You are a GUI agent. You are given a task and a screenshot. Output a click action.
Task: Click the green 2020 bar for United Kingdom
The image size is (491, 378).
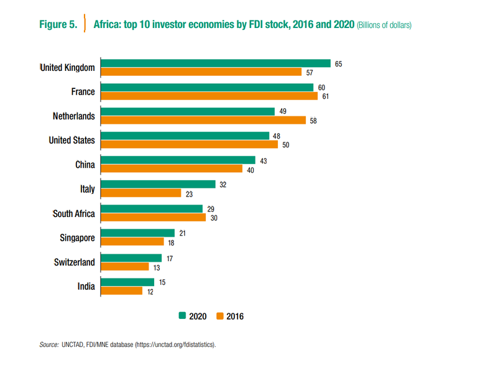(215, 63)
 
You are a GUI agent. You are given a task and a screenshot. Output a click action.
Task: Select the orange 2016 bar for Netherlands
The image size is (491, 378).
(203, 121)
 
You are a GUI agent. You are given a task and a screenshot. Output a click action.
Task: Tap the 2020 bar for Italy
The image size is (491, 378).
(158, 184)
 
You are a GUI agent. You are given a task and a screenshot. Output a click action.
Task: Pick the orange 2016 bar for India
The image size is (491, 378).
(121, 290)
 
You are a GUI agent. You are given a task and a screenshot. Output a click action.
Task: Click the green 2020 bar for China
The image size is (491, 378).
(178, 160)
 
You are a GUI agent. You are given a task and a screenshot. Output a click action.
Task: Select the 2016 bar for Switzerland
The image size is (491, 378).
(125, 266)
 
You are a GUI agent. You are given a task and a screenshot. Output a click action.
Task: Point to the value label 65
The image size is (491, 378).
(339, 63)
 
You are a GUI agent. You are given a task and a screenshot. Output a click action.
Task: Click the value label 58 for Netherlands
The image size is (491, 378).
(313, 121)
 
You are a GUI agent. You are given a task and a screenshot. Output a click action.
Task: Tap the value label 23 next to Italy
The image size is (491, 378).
(188, 193)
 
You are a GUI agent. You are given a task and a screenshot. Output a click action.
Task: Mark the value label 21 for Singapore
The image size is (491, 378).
(182, 233)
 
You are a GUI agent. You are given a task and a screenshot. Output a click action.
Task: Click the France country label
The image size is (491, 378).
(83, 92)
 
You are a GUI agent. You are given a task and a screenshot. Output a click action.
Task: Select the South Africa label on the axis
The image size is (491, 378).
(74, 213)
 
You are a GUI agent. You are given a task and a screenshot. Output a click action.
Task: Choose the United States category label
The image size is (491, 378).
(72, 141)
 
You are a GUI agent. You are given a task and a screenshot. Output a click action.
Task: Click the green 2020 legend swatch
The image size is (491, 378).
(182, 316)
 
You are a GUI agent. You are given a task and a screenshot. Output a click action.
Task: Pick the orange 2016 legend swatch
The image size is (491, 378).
(219, 316)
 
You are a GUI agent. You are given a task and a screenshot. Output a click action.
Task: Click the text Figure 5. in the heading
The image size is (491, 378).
(58, 25)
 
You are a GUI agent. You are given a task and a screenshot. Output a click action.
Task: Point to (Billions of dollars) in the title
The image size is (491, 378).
(384, 26)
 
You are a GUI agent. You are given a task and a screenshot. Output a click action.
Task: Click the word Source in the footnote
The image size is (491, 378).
(48, 344)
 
